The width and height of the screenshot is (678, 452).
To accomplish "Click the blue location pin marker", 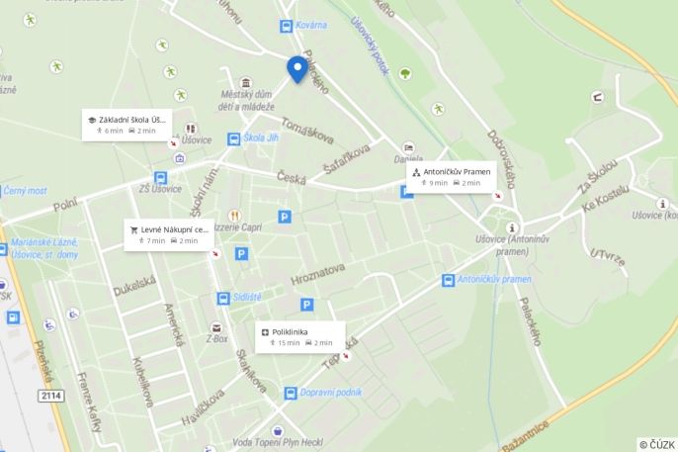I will pyautogui.click(x=297, y=68).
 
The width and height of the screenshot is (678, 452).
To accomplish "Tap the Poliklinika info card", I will pyautogui.click(x=301, y=335).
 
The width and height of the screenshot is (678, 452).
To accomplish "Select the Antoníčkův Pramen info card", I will pyautogui.click(x=451, y=176).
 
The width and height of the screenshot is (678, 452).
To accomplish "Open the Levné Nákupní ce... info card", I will pyautogui.click(x=167, y=233).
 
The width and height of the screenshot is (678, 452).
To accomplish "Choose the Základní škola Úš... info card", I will pyautogui.click(x=127, y=124).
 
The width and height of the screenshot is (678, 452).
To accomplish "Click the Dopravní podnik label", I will pyautogui.click(x=330, y=393).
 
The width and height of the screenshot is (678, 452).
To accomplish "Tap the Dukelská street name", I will pyautogui.click(x=133, y=286).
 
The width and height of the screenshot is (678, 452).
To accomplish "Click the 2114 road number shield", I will pyautogui.click(x=50, y=396).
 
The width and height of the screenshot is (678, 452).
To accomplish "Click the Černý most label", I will pyautogui.click(x=25, y=190).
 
